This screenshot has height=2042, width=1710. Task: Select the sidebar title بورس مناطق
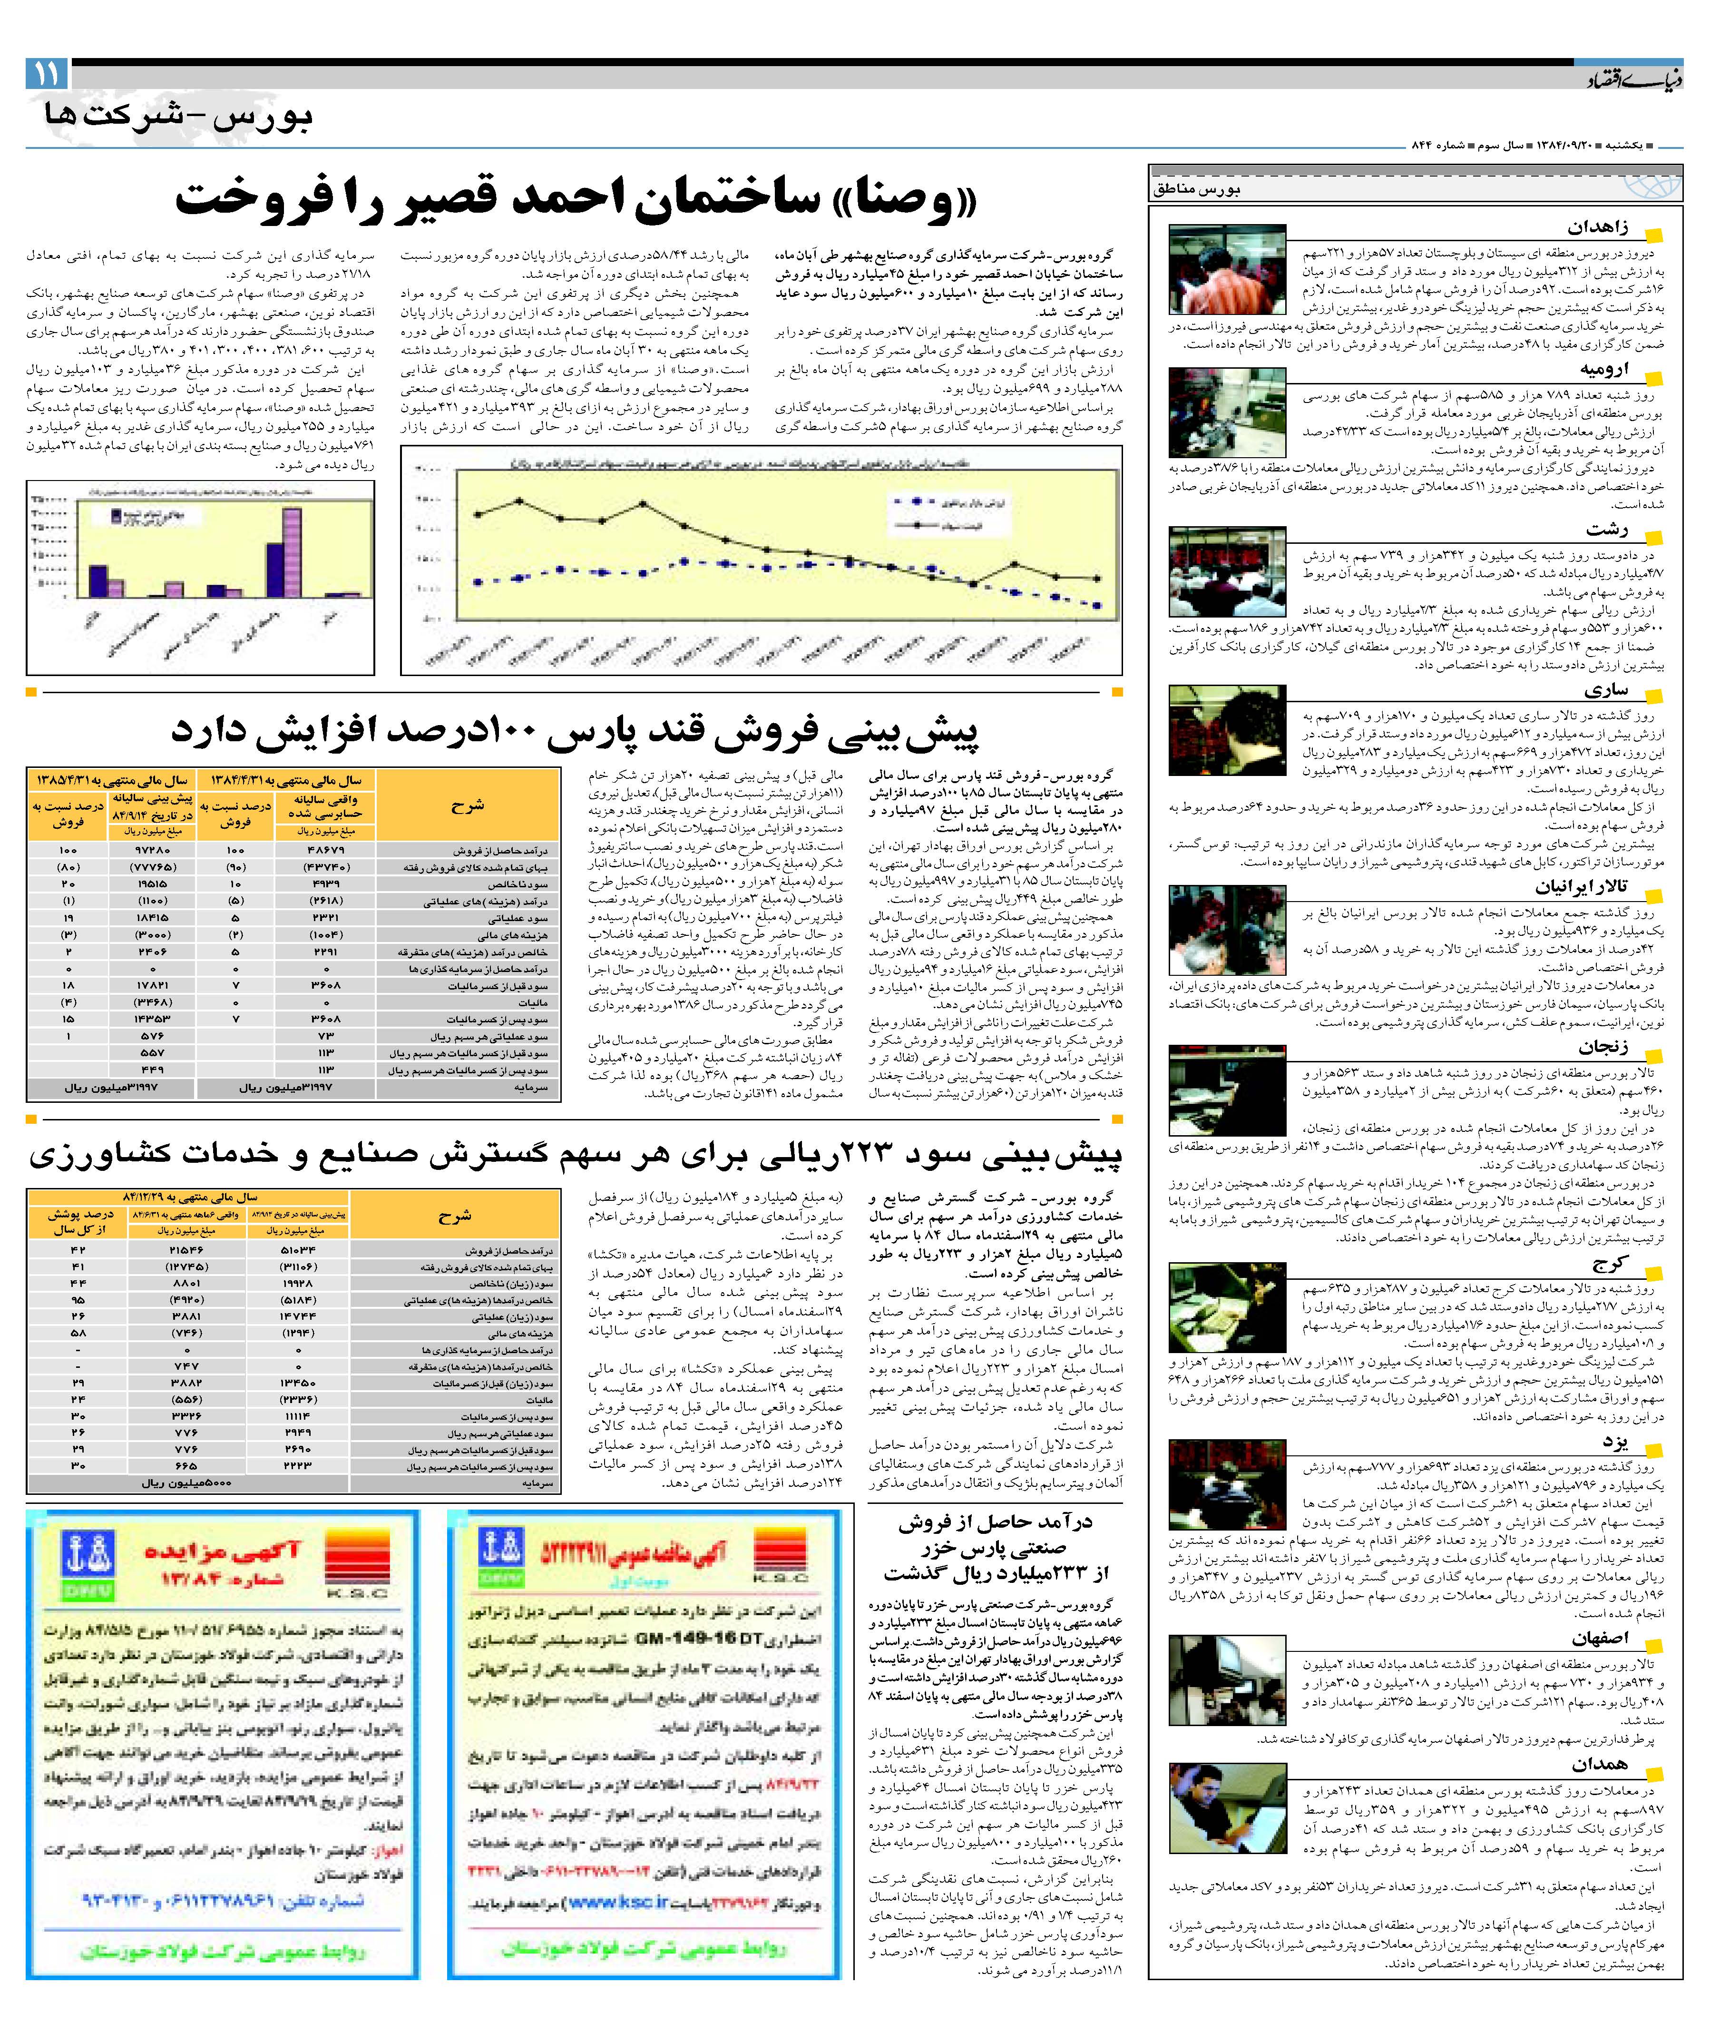1197,190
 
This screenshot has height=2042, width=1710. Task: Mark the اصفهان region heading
1599,1639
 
